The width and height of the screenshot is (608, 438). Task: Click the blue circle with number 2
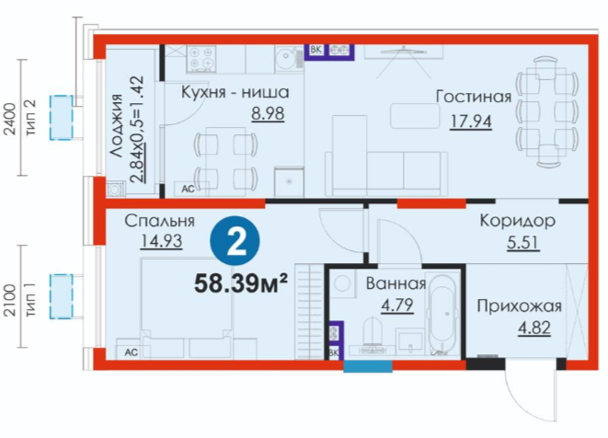click(235, 241)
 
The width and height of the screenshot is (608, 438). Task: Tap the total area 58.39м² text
click(241, 284)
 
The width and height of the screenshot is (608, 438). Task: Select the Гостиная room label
click(474, 97)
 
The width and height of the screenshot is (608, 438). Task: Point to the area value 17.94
click(470, 121)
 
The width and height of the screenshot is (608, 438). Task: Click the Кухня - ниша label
click(235, 92)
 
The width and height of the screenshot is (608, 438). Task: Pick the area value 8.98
click(268, 114)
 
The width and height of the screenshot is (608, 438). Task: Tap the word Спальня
click(159, 221)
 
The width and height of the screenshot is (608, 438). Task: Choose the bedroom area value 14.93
click(161, 241)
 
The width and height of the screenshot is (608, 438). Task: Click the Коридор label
click(517, 221)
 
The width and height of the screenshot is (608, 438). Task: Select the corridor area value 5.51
click(522, 243)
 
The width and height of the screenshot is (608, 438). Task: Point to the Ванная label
click(396, 283)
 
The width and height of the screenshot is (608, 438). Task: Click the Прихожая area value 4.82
click(534, 328)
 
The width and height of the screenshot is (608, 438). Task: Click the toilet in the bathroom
click(373, 334)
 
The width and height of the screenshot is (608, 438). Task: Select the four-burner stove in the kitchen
click(201, 58)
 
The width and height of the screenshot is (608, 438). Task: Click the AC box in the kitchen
click(188, 189)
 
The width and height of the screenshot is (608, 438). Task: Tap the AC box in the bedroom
click(131, 352)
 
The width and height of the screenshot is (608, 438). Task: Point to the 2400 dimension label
click(10, 119)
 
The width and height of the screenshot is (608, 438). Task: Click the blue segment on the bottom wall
click(368, 366)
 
